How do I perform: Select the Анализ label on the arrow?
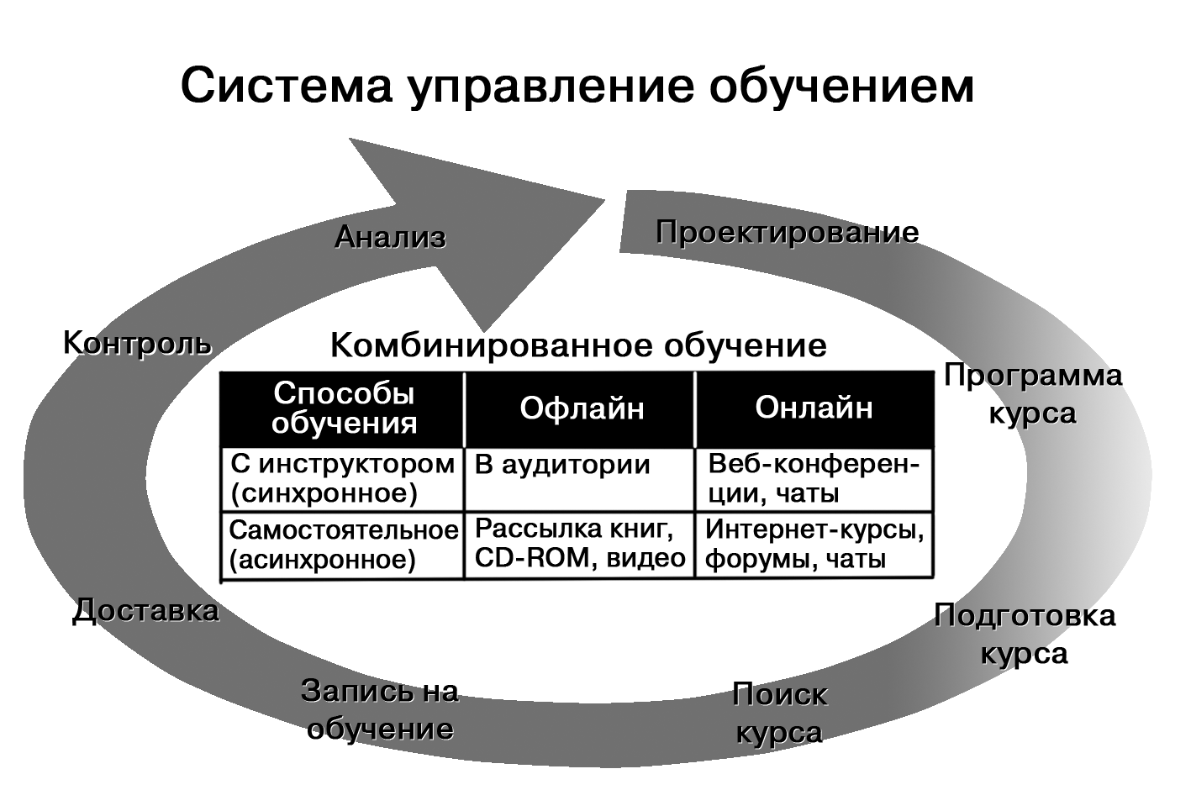coord(390,238)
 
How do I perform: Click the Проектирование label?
coord(787,232)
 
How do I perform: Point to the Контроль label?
coord(137,344)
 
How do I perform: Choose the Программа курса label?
coord(1032,394)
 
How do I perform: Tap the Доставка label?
coord(145,611)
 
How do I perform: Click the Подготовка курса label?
coord(1025,634)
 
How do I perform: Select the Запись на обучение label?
coord(380,709)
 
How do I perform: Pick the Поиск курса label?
coord(779,713)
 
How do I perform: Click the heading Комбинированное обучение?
coord(578,345)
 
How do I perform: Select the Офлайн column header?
coord(582,408)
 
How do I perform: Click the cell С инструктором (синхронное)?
coord(343,478)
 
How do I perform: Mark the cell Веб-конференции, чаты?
coord(814,478)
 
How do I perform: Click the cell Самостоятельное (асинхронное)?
coord(343,545)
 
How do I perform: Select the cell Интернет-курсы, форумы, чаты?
coord(814,545)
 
